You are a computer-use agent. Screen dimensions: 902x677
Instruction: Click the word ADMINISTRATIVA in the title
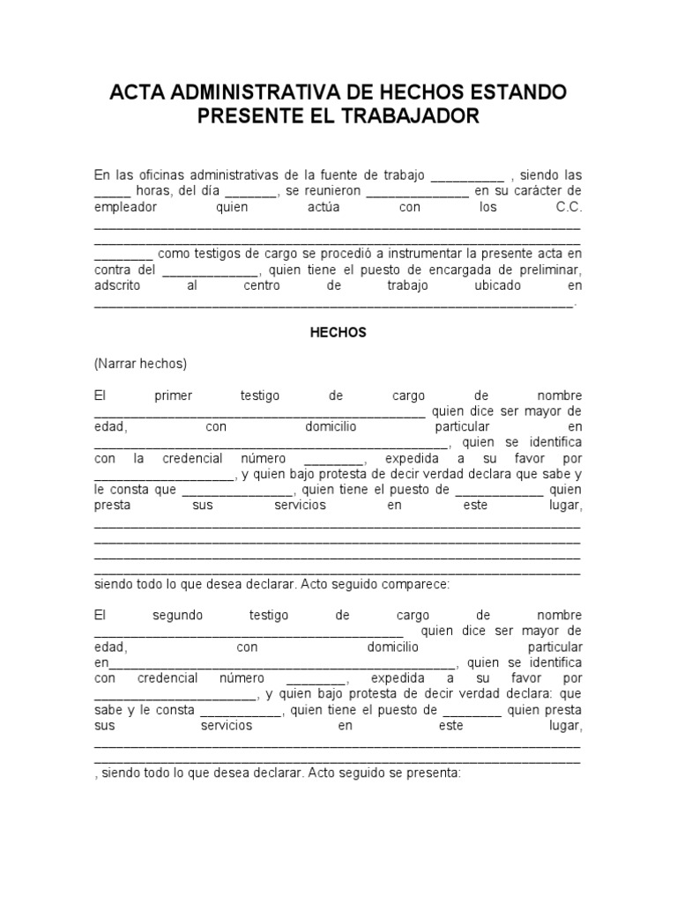(x=251, y=92)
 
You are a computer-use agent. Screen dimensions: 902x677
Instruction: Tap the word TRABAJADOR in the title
(x=413, y=115)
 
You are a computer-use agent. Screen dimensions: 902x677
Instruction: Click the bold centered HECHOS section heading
(x=338, y=333)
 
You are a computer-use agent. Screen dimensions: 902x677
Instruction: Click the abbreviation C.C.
(x=569, y=208)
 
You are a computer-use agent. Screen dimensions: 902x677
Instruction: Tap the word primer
(x=173, y=396)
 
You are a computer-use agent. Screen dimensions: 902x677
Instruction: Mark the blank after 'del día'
(x=250, y=191)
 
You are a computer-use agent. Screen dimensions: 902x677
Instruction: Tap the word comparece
(x=418, y=584)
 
